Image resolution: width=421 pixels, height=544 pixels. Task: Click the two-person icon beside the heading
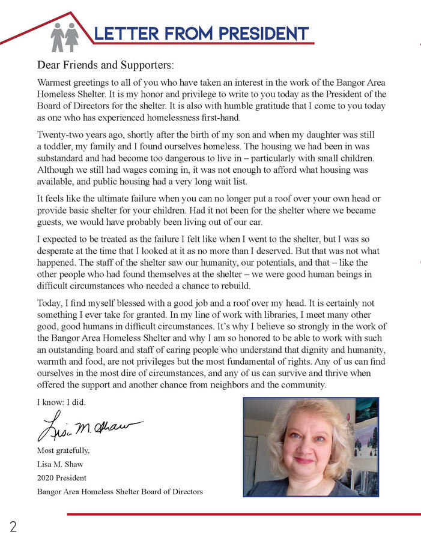coord(64,37)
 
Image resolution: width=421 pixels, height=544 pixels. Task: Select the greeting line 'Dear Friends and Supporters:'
coord(105,64)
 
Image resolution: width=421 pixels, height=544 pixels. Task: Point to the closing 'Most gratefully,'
coord(63,450)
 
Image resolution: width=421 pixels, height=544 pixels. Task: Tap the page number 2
coord(13,527)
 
